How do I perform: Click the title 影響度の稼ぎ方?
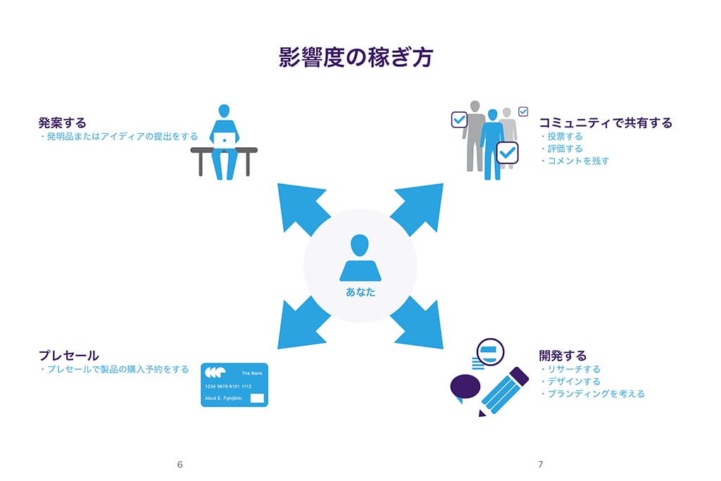(x=356, y=57)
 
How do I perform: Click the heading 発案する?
(x=62, y=123)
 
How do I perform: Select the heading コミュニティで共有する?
(x=606, y=123)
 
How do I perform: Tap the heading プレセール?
(x=68, y=356)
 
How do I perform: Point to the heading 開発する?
(x=563, y=356)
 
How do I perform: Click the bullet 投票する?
(x=565, y=137)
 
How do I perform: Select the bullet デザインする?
(x=573, y=381)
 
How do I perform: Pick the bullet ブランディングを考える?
(x=596, y=394)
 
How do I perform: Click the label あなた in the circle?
(x=360, y=292)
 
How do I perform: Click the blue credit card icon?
(x=234, y=385)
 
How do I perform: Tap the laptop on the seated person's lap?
(x=225, y=139)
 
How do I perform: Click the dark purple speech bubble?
(x=465, y=387)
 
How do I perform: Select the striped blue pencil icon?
(x=506, y=391)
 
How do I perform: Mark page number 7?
(x=540, y=464)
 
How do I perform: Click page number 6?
(x=180, y=464)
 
